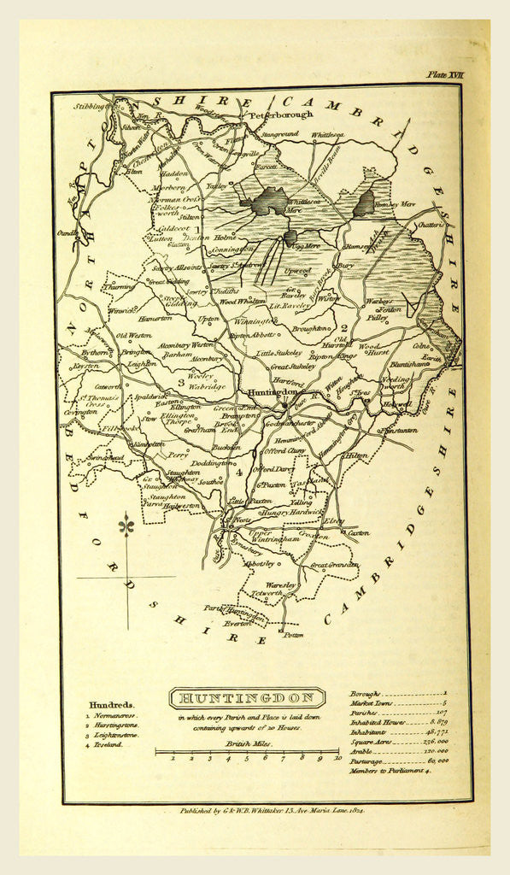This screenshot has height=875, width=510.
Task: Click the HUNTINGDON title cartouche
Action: (x=246, y=698)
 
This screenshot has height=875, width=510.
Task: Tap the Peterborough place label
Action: (x=281, y=115)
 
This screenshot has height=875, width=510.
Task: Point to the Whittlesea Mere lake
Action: (x=270, y=202)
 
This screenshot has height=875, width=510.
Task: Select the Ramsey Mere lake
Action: (x=365, y=203)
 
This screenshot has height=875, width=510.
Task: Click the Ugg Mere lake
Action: (x=290, y=237)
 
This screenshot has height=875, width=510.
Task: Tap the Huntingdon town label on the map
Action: (x=271, y=393)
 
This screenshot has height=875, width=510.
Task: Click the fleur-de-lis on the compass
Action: (x=127, y=526)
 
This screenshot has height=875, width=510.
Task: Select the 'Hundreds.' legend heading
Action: (x=112, y=705)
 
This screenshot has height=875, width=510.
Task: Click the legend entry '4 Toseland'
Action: (x=106, y=745)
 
